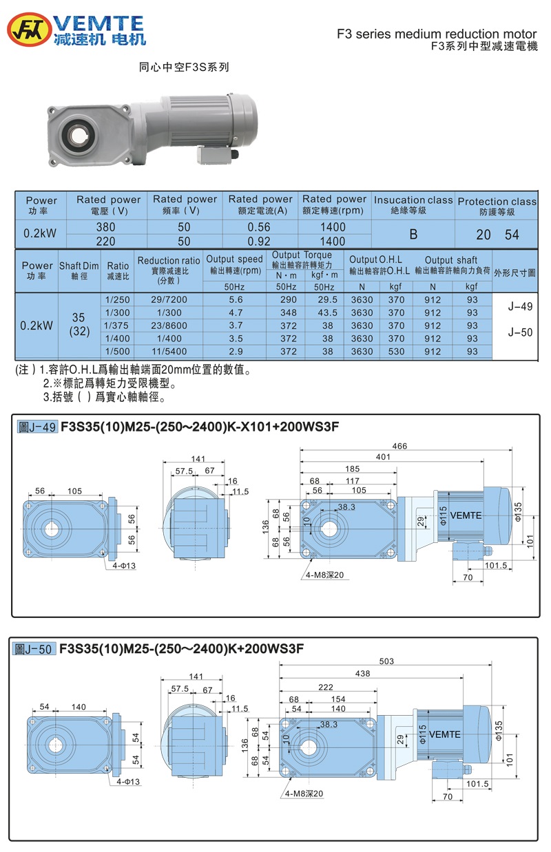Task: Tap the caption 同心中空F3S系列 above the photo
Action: [x=184, y=67]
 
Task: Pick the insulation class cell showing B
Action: [x=413, y=234]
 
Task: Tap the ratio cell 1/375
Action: [x=118, y=326]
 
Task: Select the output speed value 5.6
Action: [x=234, y=299]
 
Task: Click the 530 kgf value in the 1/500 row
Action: [x=395, y=352]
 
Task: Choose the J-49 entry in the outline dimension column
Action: [x=520, y=306]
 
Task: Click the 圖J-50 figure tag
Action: [x=36, y=648]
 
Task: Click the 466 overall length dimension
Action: [x=400, y=446]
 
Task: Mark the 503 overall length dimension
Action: [x=386, y=661]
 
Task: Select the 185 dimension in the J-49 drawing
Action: [x=351, y=469]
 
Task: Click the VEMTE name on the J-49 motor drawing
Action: [x=466, y=515]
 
